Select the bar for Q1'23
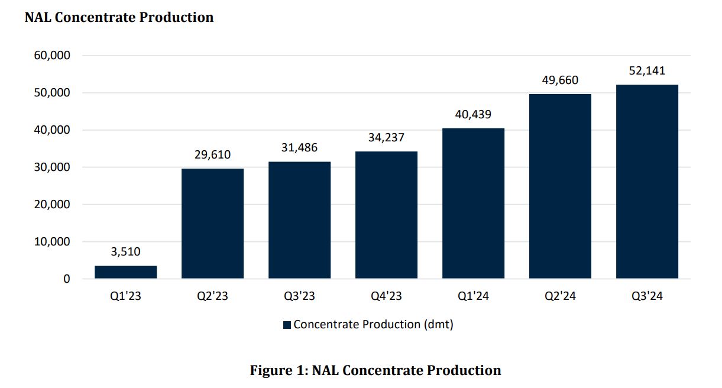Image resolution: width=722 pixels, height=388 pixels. pos(126,272)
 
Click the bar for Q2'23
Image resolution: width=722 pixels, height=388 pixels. pos(212,224)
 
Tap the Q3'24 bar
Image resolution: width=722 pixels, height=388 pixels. pos(647,182)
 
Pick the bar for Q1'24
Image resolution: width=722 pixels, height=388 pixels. pos(473,203)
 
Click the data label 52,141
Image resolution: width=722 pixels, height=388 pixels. pos(647,70)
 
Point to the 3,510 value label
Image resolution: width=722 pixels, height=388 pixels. pos(126,251)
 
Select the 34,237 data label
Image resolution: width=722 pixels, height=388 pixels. pos(386,137)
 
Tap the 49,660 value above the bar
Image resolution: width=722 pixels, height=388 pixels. pos(560,80)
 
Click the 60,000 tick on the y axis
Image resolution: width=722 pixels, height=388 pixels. pos(52,55)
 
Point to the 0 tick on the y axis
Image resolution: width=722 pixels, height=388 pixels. pos(67,279)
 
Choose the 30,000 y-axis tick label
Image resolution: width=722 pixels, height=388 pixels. pos(52,167)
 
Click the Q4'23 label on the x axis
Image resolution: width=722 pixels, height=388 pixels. pos(386,296)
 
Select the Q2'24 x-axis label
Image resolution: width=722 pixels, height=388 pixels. pos(560,296)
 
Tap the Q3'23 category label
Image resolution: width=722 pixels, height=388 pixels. pos(299,296)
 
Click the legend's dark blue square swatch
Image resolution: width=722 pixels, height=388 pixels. pos(287,325)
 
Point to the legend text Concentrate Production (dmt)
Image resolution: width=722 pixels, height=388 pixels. pos(374,324)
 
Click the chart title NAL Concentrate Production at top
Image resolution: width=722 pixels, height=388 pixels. pos(119,17)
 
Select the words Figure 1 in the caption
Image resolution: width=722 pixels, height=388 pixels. pos(277,370)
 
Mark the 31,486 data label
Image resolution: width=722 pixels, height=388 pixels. pos(299,147)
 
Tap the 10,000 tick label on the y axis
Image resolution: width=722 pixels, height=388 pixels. pos(52,241)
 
